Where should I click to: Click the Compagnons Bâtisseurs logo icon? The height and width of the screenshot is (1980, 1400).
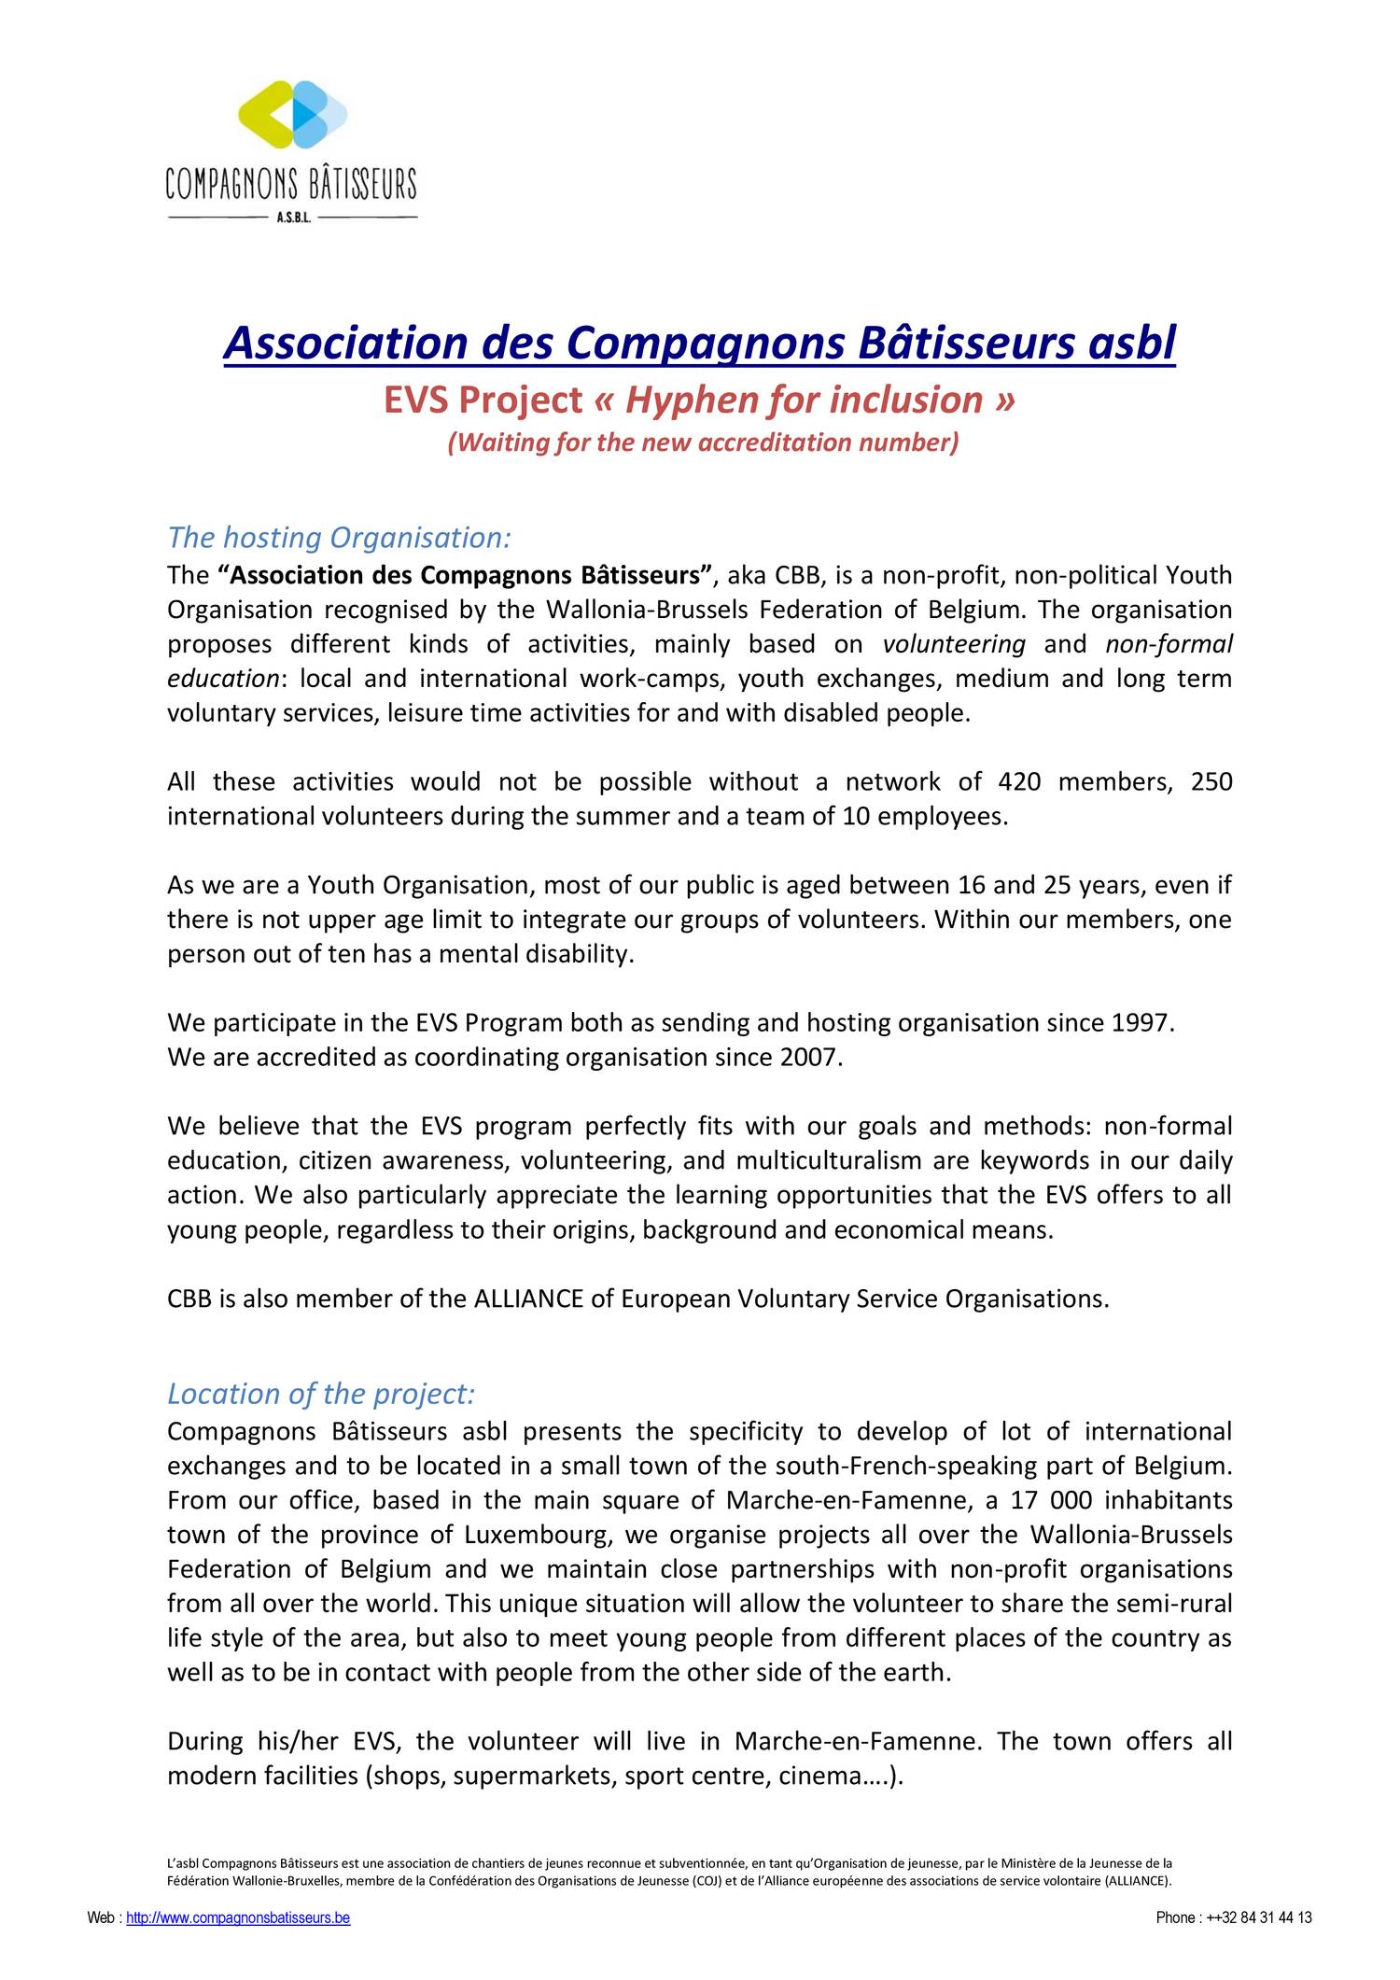[x=292, y=115]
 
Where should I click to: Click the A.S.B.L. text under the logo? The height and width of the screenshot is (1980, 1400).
[x=293, y=218]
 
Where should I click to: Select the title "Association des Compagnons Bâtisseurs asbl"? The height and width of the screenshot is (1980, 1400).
[x=699, y=343]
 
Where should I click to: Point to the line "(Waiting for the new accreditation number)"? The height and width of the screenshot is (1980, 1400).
[x=703, y=442]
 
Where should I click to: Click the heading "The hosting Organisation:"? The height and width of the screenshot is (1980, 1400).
[x=340, y=538]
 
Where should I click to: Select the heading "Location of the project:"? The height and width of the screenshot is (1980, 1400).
[x=321, y=1394]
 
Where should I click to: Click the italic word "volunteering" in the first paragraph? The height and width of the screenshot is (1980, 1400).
[x=954, y=644]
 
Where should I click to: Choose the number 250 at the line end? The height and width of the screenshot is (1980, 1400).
[x=1211, y=781]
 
